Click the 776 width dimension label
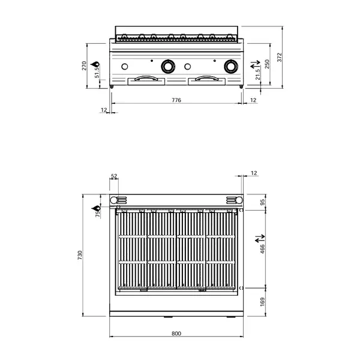point(176,100)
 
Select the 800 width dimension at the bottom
point(176,334)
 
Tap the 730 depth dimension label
point(80,255)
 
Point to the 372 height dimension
point(279,57)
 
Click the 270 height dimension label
point(84,65)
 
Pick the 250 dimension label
point(267,64)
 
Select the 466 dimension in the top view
point(262,249)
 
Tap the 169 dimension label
point(262,302)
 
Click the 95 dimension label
point(262,202)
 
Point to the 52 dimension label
point(114,176)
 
